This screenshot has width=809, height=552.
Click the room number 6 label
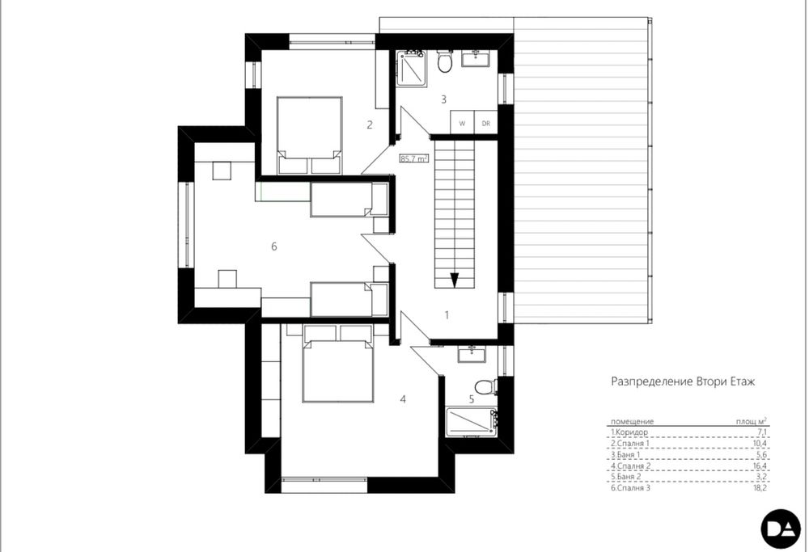[274, 247]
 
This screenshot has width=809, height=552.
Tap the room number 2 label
[369, 124]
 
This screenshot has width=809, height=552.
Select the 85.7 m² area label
[413, 159]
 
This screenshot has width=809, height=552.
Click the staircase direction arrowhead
[455, 280]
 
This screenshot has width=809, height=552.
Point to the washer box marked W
[462, 124]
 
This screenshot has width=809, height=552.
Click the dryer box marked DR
[485, 124]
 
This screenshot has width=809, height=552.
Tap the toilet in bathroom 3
[444, 62]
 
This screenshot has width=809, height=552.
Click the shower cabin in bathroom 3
[411, 67]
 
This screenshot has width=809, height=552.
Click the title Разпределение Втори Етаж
[682, 381]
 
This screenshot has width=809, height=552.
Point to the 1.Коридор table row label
[631, 433]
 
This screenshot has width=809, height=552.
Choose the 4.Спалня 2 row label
[633, 466]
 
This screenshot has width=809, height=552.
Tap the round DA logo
[780, 530]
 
